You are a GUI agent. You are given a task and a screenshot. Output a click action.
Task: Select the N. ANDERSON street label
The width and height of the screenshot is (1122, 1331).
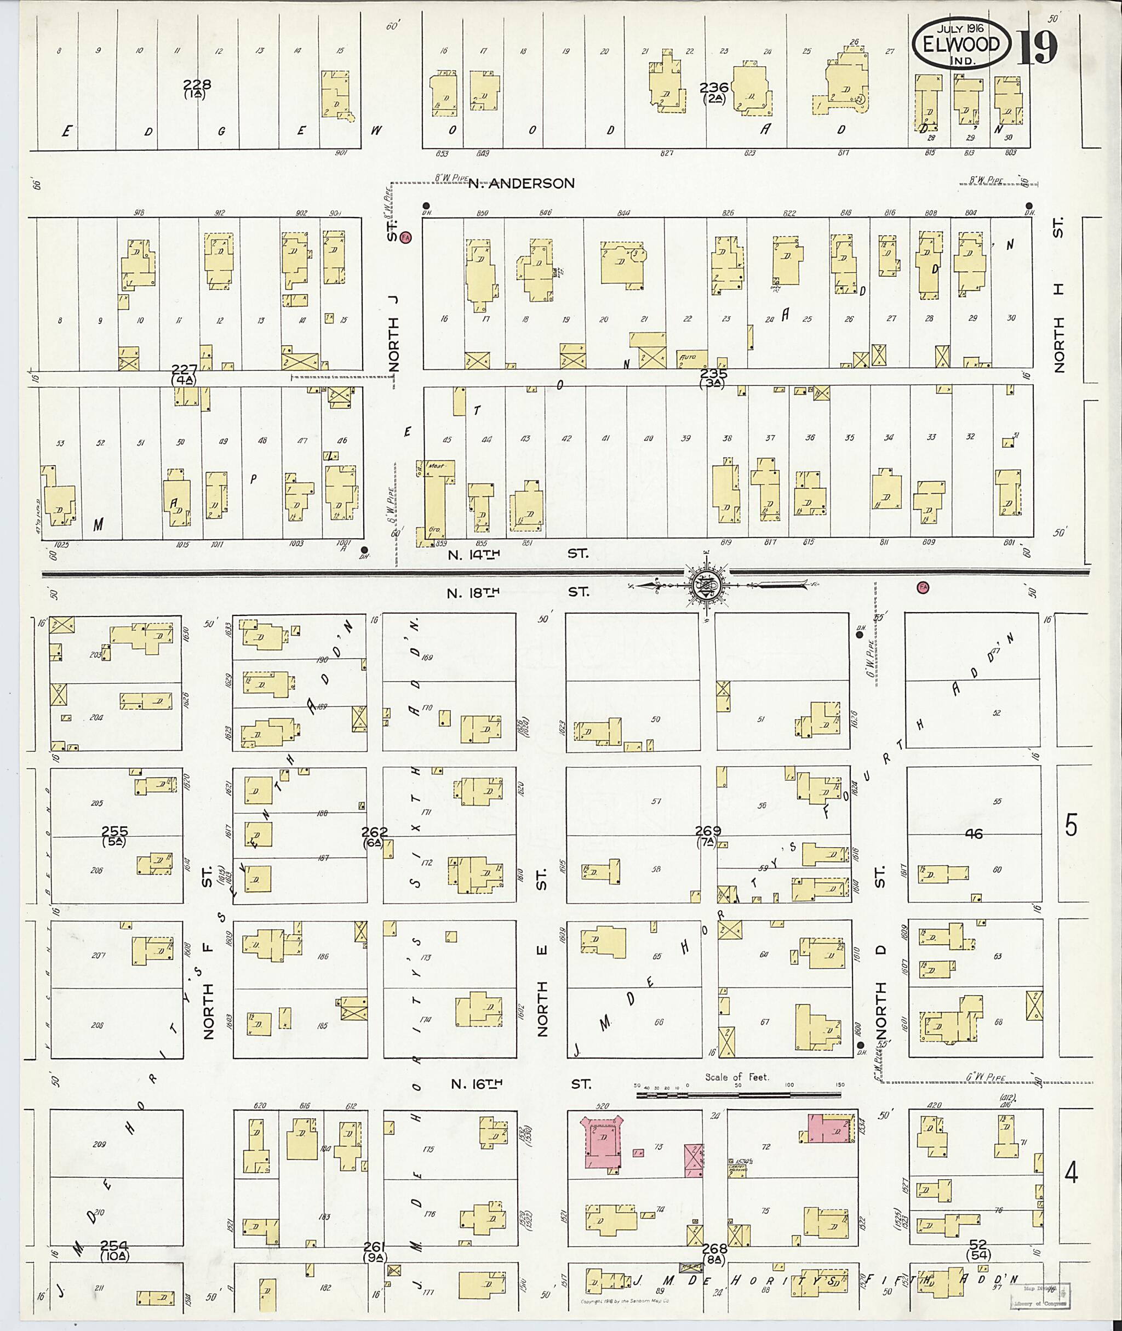pyautogui.click(x=521, y=183)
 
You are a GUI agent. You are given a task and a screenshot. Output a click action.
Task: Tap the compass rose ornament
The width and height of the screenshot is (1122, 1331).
pyautogui.click(x=707, y=584)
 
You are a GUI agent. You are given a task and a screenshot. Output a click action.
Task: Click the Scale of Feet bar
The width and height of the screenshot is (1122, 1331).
pyautogui.click(x=738, y=1095)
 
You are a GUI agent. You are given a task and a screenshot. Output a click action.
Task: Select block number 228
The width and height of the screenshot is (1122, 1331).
pyautogui.click(x=197, y=84)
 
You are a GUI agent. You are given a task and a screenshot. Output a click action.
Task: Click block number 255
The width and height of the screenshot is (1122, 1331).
pyautogui.click(x=115, y=831)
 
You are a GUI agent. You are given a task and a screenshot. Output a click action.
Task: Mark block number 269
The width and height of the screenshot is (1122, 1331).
pyautogui.click(x=707, y=830)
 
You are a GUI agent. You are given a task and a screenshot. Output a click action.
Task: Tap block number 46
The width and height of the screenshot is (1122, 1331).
pyautogui.click(x=974, y=833)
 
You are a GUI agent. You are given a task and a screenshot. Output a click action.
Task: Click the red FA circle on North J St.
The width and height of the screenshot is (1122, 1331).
pyautogui.click(x=407, y=237)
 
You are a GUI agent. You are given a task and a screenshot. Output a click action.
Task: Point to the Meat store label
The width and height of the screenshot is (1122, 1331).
pyautogui.click(x=436, y=466)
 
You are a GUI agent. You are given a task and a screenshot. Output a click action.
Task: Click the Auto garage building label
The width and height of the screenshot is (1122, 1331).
pyautogui.click(x=688, y=358)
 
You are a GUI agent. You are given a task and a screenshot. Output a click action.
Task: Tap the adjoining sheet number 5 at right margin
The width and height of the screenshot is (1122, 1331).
pyautogui.click(x=1072, y=825)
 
